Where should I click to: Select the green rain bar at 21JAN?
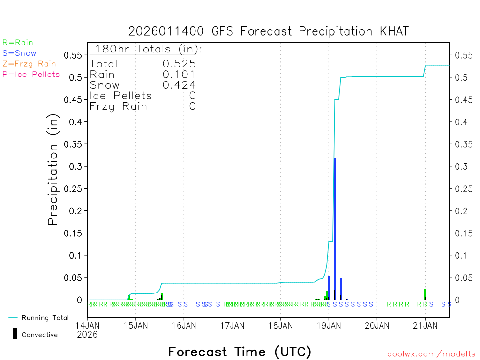(425, 294)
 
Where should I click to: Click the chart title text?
(269, 31)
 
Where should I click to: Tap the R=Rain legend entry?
(18, 43)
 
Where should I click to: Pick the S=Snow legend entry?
(19, 53)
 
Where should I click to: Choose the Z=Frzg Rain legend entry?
(29, 64)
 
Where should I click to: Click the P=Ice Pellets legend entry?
(31, 74)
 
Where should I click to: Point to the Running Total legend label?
(45, 318)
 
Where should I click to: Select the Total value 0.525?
(179, 64)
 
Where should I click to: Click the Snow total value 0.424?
(179, 85)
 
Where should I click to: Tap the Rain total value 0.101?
(179, 75)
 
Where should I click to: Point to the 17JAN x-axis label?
(232, 325)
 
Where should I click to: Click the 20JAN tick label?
(376, 325)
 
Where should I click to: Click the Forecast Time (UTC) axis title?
(240, 352)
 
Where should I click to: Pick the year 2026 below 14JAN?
(87, 334)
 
